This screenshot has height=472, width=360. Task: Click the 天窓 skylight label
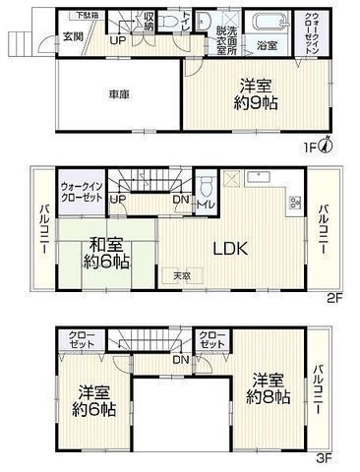(183, 275)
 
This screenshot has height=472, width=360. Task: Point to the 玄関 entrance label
(74, 36)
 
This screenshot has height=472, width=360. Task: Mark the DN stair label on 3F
(181, 361)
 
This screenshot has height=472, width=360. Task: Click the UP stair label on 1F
(116, 41)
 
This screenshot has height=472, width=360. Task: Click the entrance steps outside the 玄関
(22, 43)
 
